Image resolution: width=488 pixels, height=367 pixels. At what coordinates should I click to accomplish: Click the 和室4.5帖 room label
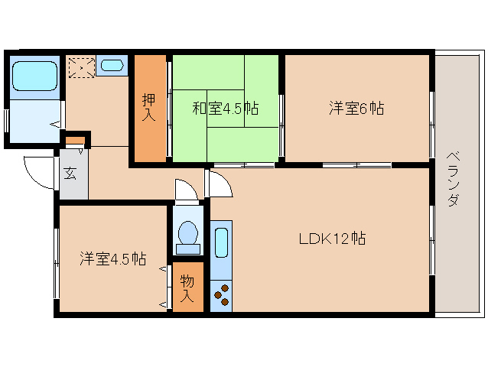(225, 109)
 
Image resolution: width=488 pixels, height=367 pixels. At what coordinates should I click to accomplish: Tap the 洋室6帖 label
(356, 109)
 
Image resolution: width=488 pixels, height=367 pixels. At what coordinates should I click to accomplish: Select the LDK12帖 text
(332, 239)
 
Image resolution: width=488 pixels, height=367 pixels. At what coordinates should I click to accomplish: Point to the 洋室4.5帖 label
(113, 258)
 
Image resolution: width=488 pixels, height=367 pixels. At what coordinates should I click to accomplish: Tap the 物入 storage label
(187, 287)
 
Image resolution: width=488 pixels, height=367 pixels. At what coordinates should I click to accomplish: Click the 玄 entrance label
(70, 174)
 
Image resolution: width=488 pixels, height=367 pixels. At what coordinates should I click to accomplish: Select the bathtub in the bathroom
(35, 76)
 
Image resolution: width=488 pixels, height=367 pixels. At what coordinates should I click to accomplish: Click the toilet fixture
(187, 235)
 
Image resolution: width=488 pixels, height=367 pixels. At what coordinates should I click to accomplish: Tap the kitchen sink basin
(221, 243)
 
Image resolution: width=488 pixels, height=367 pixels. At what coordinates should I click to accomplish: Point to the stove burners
(221, 294)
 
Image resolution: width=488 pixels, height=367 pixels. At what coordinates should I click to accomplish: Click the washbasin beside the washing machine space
(112, 65)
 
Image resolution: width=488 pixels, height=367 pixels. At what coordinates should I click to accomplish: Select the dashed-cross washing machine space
(80, 67)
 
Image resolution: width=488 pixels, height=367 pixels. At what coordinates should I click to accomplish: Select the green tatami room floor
(245, 138)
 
